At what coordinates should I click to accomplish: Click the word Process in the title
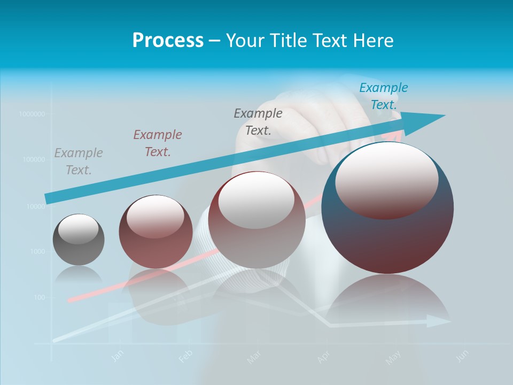[168, 40]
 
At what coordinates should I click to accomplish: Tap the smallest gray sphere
[79, 240]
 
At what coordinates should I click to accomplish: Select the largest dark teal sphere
[388, 209]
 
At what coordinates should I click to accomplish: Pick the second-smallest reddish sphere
[156, 232]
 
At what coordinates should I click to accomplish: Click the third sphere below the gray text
[256, 220]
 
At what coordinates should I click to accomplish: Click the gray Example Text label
[79, 161]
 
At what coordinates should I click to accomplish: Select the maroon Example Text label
[158, 143]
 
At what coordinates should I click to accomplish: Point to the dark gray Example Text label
[258, 121]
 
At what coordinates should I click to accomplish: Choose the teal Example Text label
[383, 96]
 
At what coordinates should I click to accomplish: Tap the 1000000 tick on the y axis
[32, 114]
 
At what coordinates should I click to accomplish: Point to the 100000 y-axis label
[33, 159]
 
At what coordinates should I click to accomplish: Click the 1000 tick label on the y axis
[37, 251]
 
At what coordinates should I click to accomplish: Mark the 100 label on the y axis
[39, 297]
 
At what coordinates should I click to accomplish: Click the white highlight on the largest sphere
[386, 181]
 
